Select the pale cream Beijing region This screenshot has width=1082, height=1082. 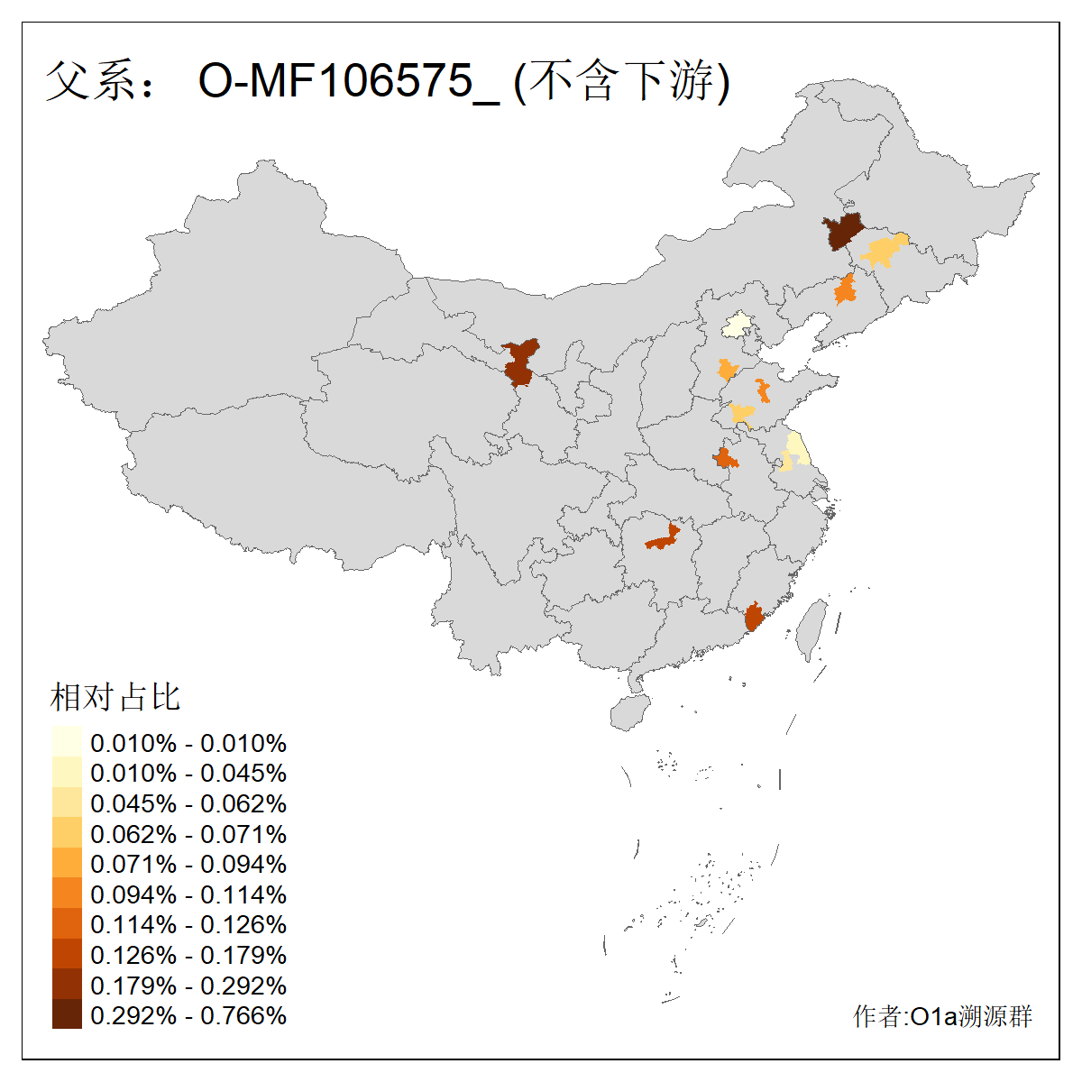[738, 325]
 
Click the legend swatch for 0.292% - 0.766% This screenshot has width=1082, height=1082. [67, 1014]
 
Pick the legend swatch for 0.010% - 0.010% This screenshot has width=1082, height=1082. [67, 742]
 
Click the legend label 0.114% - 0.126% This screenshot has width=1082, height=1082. [188, 924]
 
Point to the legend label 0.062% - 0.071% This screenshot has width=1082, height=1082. [188, 834]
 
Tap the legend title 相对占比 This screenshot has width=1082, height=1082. [115, 697]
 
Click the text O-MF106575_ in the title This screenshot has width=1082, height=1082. [348, 81]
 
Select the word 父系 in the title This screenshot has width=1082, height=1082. [88, 81]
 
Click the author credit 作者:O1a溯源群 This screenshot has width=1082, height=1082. [942, 1016]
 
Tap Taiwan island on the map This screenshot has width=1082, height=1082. [811, 629]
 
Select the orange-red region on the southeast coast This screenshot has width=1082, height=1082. [753, 619]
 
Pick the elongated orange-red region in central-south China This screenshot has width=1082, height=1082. [663, 540]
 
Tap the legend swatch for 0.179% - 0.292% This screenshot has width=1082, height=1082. [67, 984]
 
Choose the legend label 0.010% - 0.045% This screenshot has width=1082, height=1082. [188, 773]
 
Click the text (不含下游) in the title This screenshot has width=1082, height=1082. [621, 81]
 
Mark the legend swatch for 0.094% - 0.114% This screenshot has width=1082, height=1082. [67, 894]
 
